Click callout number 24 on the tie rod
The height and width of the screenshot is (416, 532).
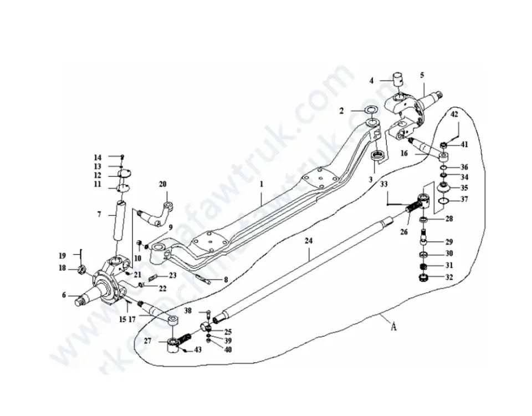308,241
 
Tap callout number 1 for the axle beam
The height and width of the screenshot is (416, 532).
262,182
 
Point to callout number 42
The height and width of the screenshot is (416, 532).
454,115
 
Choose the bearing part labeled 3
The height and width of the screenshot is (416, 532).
378,155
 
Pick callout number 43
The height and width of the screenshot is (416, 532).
198,350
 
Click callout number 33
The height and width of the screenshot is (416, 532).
385,185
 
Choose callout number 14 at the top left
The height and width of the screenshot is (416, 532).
98,157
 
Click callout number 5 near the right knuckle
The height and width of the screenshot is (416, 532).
422,74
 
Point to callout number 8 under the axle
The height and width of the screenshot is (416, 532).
226,280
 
